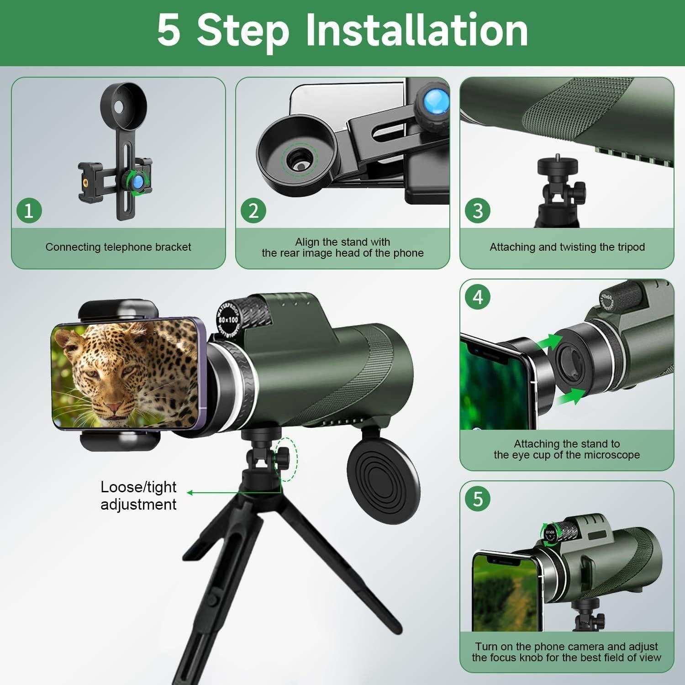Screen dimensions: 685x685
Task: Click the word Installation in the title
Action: pos(416,30)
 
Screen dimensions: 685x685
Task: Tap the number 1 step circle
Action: pos(29,211)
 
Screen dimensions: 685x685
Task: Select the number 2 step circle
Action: pos(253,211)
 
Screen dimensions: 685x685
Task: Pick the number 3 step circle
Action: pos(478,211)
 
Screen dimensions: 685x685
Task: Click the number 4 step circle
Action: pos(478,297)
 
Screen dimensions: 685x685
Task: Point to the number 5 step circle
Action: pos(478,499)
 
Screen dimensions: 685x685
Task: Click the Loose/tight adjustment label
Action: pos(138,495)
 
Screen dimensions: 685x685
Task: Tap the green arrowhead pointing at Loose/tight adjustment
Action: pos(190,493)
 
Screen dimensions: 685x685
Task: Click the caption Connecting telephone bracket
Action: pos(118,247)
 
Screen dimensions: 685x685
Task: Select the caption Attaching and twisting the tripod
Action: pos(567,247)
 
